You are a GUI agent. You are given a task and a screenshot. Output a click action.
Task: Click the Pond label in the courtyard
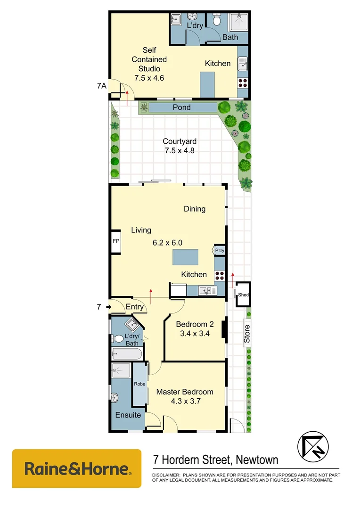tap(181, 107)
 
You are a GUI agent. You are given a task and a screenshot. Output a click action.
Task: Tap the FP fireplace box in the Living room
tap(115, 242)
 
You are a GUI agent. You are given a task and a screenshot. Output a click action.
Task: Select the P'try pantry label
tap(220, 251)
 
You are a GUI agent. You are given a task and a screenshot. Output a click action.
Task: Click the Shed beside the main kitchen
tap(243, 295)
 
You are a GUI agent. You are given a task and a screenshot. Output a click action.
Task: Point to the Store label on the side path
tap(247, 333)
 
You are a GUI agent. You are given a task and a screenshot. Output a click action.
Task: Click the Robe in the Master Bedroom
tap(139, 384)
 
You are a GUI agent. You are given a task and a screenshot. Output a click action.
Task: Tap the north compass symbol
tap(312, 446)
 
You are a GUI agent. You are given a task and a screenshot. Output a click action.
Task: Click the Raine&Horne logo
tap(77, 468)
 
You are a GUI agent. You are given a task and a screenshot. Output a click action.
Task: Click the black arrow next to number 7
tap(108, 307)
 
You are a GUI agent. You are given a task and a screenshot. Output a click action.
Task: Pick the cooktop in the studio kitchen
tap(243, 83)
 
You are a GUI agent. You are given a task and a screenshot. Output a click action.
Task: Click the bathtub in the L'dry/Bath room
tap(126, 353)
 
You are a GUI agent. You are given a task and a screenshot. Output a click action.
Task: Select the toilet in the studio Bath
tap(217, 20)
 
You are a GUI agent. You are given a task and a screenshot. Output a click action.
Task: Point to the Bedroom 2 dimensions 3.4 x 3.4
tap(192, 334)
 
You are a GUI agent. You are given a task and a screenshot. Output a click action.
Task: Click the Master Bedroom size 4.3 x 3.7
tap(185, 401)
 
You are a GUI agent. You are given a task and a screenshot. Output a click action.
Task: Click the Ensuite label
tap(128, 415)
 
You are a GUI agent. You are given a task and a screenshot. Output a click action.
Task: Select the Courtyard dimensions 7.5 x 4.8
tap(179, 151)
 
